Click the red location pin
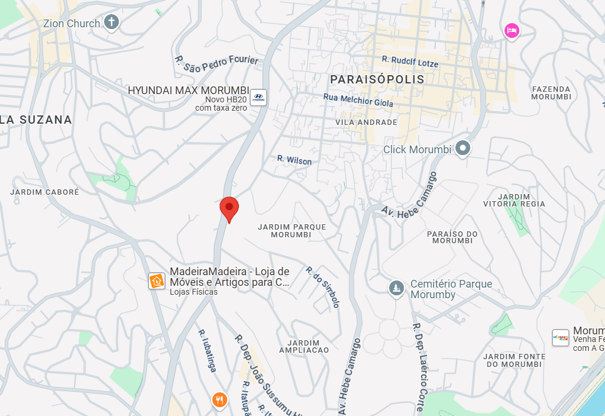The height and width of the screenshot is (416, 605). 229,208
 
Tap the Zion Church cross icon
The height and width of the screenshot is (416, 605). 111,23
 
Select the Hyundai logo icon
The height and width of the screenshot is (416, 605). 258,98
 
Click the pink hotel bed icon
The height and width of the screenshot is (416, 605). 511,30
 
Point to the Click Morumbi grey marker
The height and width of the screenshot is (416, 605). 462,149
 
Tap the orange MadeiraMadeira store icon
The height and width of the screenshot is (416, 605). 157,280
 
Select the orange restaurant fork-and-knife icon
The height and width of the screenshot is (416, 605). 220,400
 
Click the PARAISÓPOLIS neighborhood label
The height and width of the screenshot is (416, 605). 377,79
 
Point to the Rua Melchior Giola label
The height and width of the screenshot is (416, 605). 358,101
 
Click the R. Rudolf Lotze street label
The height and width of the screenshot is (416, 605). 410,62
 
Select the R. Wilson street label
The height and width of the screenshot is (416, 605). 295,160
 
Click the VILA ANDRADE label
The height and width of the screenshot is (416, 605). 366,122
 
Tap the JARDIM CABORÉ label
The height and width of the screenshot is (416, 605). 44,192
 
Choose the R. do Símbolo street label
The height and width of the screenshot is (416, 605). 323,287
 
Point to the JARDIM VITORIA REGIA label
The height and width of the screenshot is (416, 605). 514,200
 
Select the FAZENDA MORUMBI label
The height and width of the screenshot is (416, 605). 551,92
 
